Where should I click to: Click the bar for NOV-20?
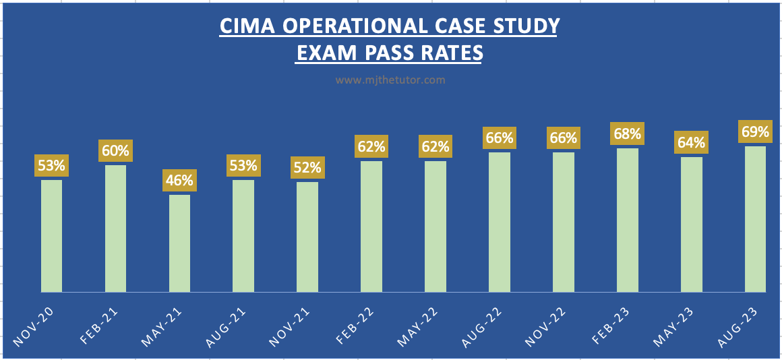[51, 235]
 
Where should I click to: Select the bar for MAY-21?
[179, 243]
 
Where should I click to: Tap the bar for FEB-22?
[371, 226]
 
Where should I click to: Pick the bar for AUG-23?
[755, 218]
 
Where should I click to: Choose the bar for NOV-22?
[564, 222]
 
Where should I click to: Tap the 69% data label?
[755, 131]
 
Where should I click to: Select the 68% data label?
[627, 133]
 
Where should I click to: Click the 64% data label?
[692, 142]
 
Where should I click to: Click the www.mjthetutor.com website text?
[390, 80]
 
